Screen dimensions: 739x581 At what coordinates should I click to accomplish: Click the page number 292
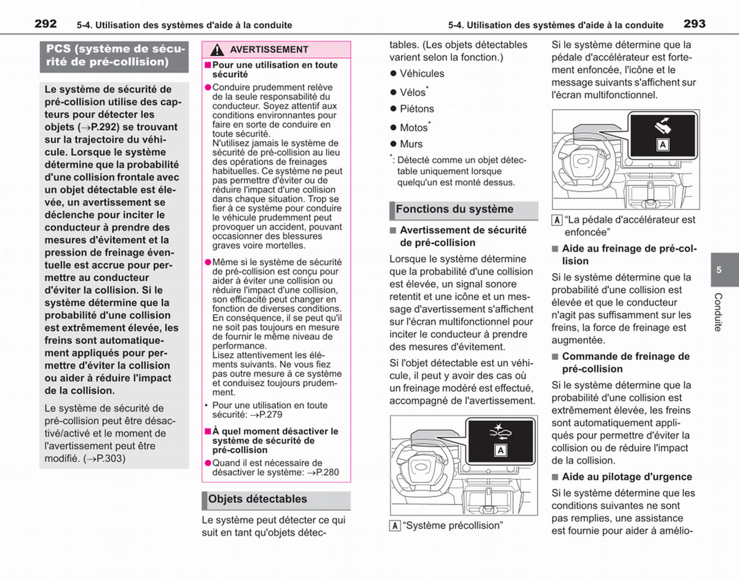[x=46, y=24]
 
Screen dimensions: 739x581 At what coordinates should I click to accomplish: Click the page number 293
[x=695, y=24]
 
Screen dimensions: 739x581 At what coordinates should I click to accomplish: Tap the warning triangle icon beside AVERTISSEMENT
[x=217, y=50]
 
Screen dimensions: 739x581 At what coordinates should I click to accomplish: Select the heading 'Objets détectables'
[x=257, y=499]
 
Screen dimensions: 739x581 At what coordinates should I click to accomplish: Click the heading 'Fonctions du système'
[x=454, y=209]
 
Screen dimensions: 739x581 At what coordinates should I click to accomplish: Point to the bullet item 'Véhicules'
[x=422, y=73]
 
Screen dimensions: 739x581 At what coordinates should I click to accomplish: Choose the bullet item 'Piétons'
[x=417, y=109]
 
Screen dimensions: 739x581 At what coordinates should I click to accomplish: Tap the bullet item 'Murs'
[x=411, y=144]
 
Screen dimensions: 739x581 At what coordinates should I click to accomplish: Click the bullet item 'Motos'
[x=414, y=128]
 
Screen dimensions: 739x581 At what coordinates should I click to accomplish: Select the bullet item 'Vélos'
[x=413, y=92]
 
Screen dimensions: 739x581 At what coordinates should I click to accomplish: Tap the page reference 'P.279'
[x=270, y=415]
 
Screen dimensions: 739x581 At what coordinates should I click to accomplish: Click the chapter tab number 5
[x=719, y=270]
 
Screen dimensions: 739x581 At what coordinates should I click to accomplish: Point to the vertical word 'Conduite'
[x=717, y=312]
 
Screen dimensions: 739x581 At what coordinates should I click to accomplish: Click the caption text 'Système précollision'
[x=453, y=526]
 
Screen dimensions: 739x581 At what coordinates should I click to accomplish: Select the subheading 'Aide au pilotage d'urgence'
[x=627, y=477]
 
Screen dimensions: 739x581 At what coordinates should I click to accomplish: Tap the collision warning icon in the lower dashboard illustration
[x=500, y=433]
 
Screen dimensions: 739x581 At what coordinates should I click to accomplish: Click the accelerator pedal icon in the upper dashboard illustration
[x=663, y=126]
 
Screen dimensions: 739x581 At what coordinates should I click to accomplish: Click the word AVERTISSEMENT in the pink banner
[x=269, y=50]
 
